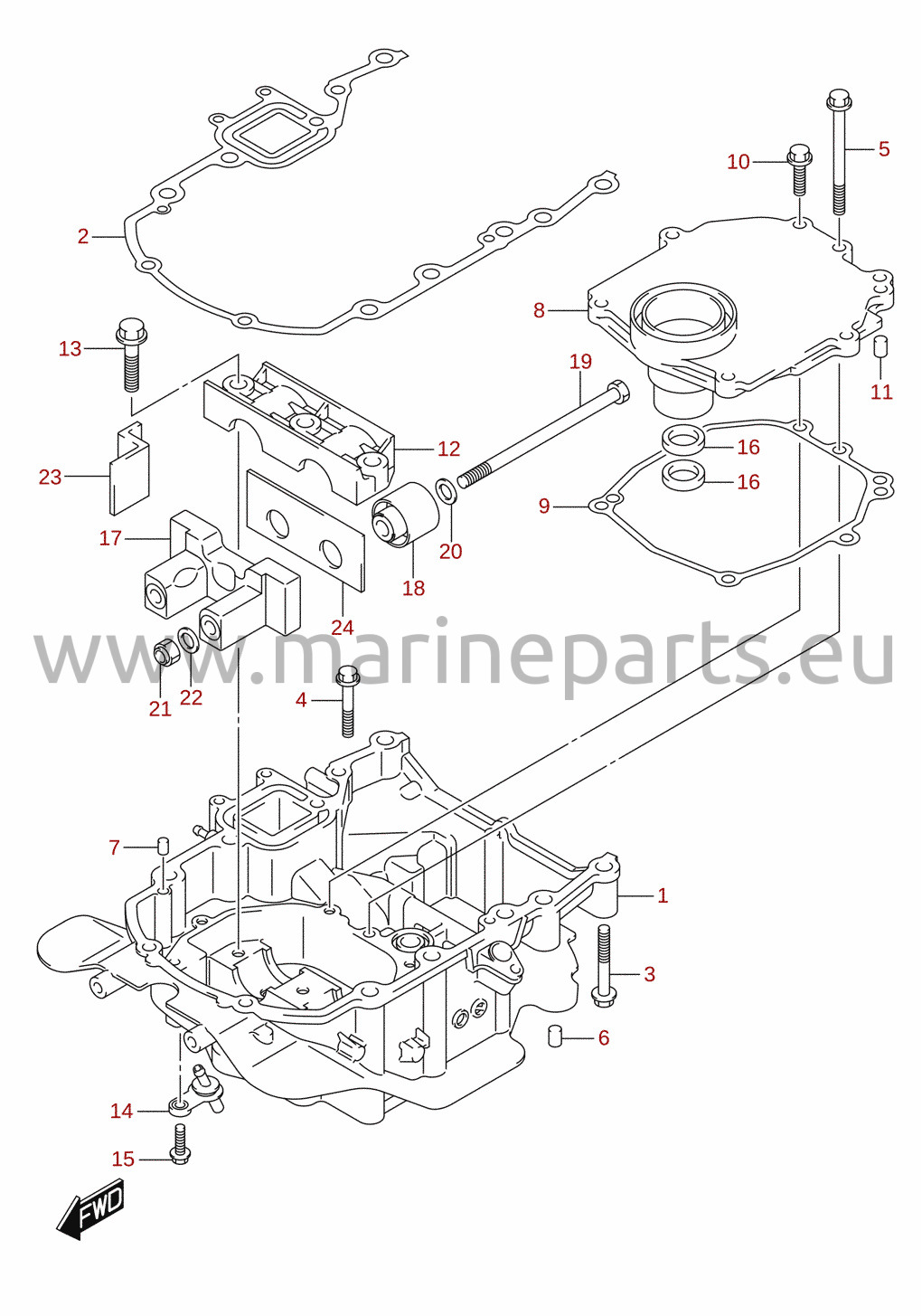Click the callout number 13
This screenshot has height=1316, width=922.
coord(70,349)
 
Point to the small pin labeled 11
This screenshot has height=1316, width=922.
coord(881,346)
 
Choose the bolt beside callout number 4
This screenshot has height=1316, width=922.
coord(347,700)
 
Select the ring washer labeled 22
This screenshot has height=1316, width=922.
coord(188,639)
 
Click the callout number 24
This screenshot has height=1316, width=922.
coord(343,628)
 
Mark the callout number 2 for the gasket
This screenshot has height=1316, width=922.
coord(83,237)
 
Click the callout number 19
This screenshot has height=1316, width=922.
coord(580,361)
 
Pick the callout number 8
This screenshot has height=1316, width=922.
coord(539,310)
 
